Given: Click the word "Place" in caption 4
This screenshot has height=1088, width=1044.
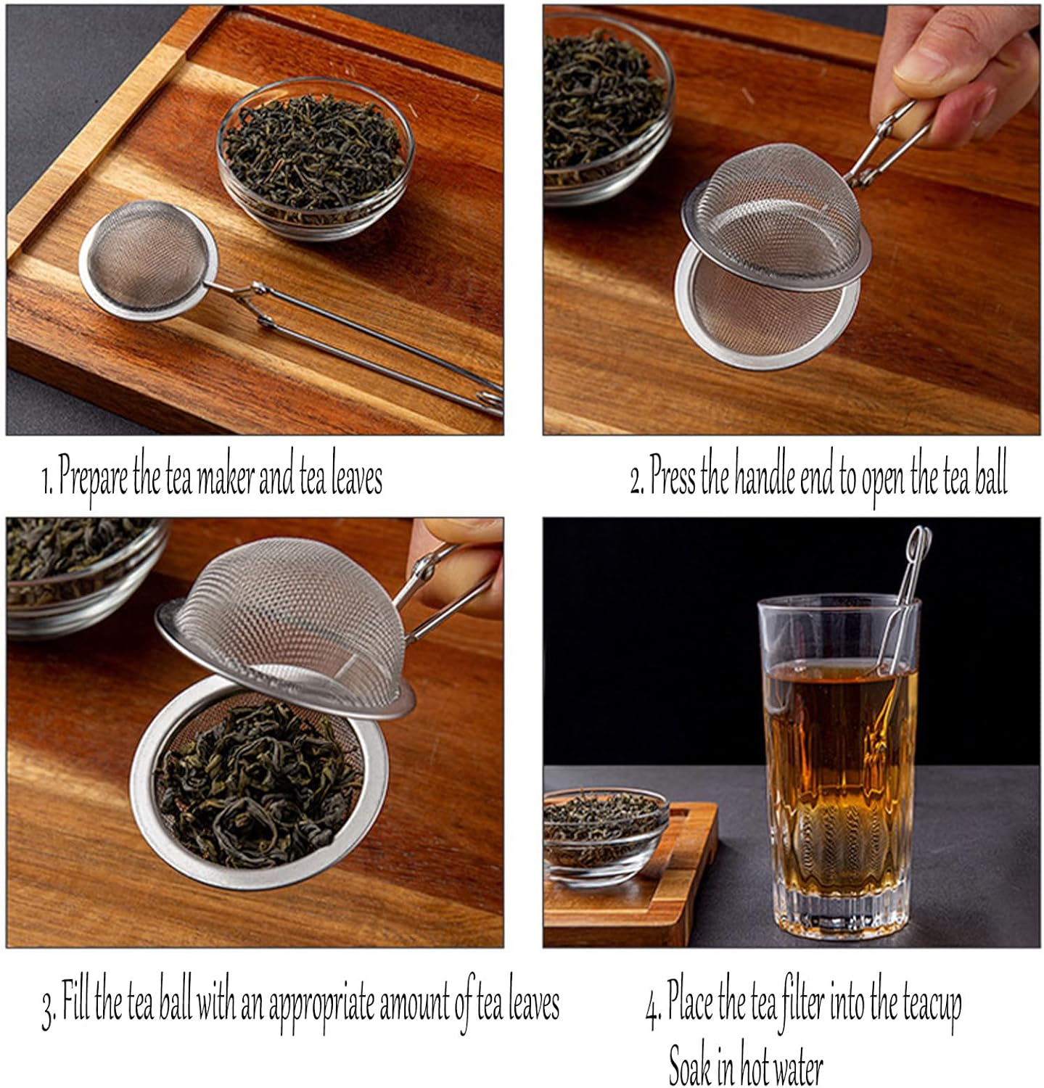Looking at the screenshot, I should [x=690, y=1005].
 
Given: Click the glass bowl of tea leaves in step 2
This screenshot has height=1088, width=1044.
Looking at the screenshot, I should [x=602, y=109].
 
